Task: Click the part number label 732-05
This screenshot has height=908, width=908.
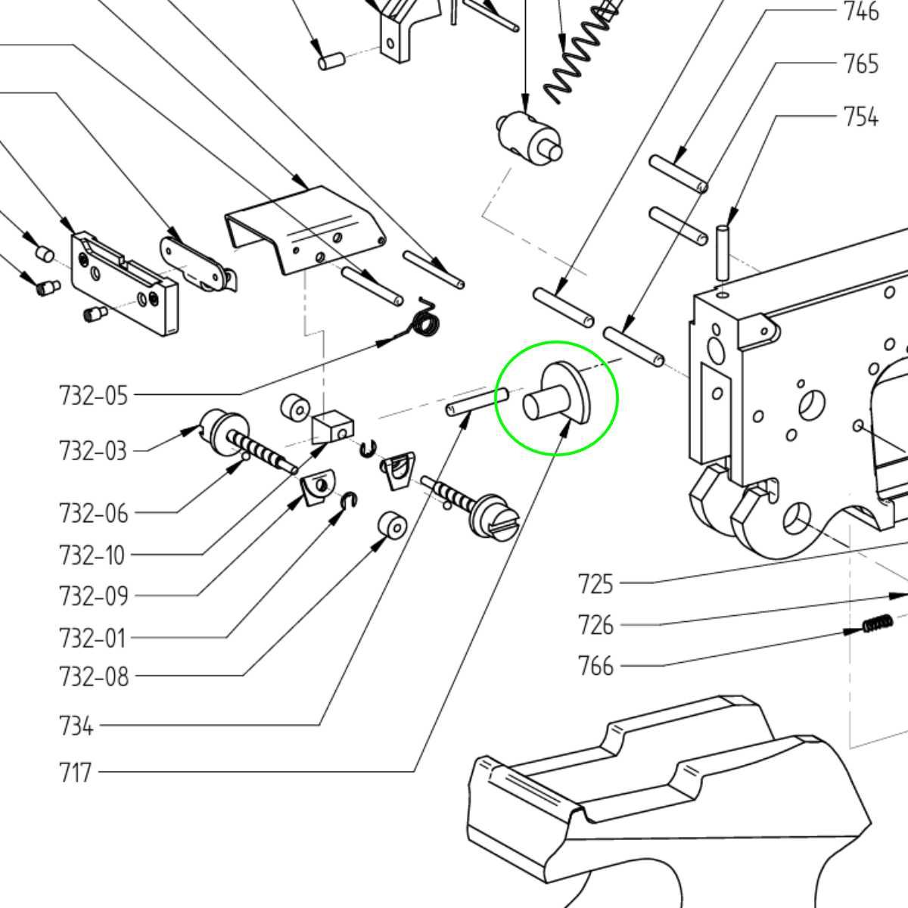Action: [94, 395]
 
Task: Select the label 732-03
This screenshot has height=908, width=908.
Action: [94, 450]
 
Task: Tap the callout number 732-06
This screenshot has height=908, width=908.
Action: [94, 514]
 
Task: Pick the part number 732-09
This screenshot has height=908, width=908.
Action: [94, 596]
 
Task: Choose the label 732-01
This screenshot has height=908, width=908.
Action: [92, 638]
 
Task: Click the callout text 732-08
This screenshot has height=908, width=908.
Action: [94, 676]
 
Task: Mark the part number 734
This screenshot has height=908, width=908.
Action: [76, 726]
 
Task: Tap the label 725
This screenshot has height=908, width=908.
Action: [595, 584]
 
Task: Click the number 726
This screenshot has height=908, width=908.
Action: [595, 625]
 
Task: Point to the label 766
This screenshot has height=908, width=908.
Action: [595, 666]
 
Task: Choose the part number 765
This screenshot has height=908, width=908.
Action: [861, 64]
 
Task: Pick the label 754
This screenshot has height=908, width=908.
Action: [861, 117]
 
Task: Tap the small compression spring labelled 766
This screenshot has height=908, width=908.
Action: [877, 624]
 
